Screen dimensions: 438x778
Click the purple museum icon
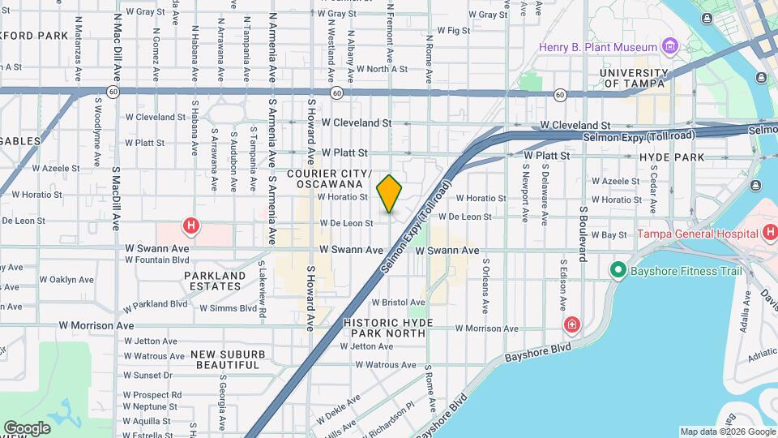[x=669, y=45]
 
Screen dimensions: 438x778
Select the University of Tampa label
[x=633, y=78]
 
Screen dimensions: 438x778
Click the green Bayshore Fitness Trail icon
[x=618, y=269]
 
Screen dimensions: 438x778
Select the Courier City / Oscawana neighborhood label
[x=328, y=179]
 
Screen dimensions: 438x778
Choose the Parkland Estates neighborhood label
[x=215, y=281]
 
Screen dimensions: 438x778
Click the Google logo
[x=27, y=427]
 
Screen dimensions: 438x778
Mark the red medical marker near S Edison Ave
[x=573, y=325]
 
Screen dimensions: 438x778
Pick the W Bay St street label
[x=610, y=234]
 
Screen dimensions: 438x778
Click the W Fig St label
[x=454, y=30]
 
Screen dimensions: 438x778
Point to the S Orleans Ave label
[x=485, y=286]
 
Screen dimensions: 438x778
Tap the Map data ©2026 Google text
[x=728, y=432]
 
